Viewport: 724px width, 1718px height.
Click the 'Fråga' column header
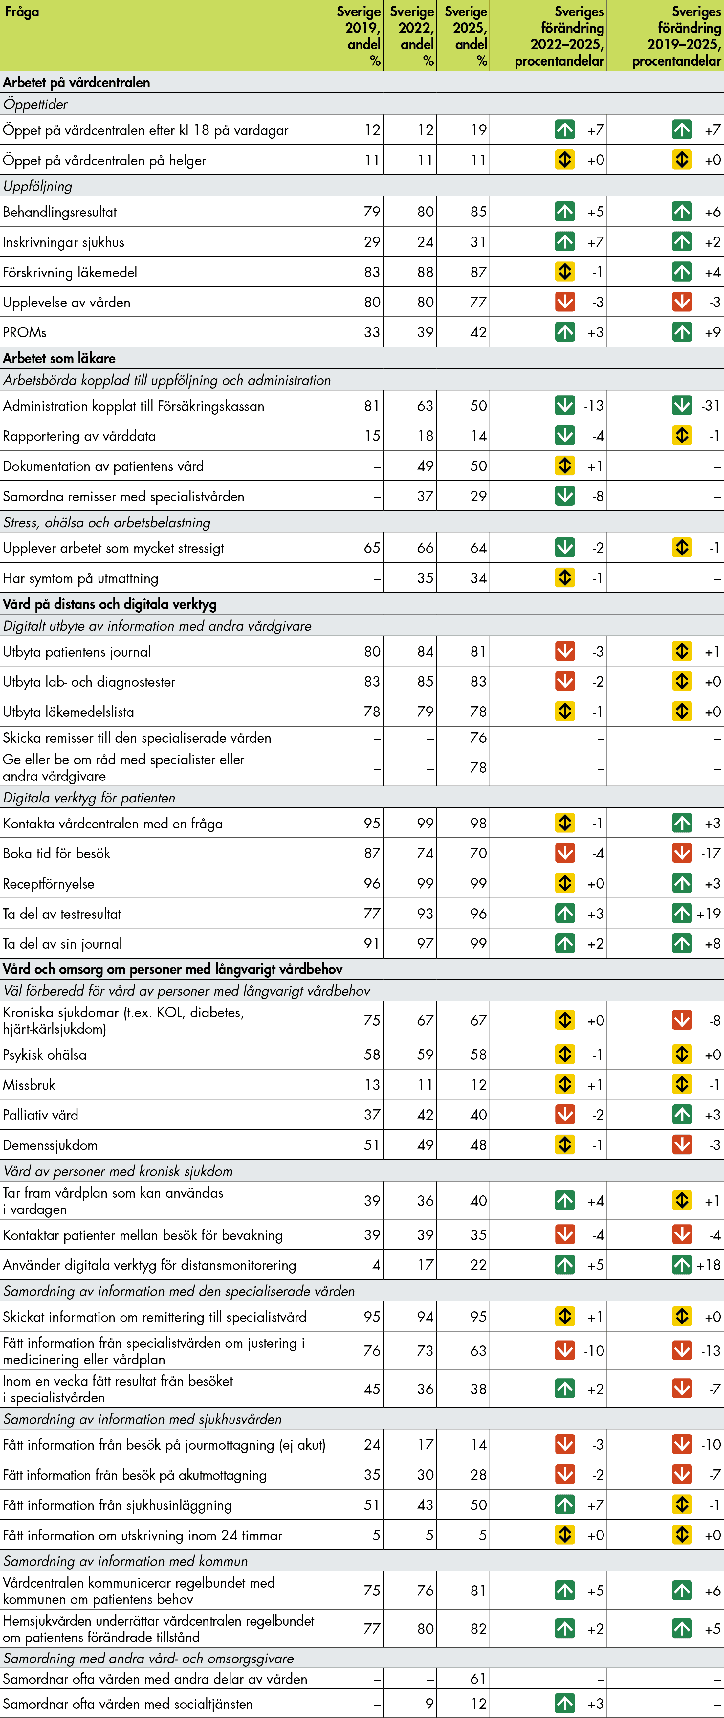click(x=21, y=12)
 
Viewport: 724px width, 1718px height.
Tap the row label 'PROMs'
click(x=25, y=332)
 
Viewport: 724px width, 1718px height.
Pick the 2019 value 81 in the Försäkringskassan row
click(x=371, y=405)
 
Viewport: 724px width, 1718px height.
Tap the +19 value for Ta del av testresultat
click(x=709, y=914)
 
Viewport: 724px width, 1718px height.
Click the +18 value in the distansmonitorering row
click(x=709, y=1265)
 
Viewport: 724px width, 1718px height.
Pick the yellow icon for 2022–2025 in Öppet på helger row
click(x=565, y=160)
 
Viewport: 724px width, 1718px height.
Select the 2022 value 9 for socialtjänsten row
click(x=429, y=1704)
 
